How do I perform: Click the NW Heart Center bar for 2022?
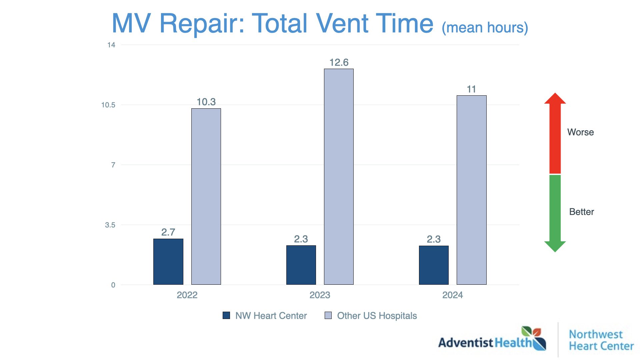(168, 262)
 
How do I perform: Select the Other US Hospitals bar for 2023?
(339, 177)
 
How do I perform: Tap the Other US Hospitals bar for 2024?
(471, 190)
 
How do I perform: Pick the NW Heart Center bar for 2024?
(434, 265)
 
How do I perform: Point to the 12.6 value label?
(339, 62)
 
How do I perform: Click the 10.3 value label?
(206, 102)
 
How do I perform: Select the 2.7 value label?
(168, 232)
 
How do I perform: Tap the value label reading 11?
(471, 89)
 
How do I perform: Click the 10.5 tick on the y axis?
(108, 105)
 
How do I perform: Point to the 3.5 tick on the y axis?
(110, 225)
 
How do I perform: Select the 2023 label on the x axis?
(320, 295)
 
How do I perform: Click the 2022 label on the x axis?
(187, 295)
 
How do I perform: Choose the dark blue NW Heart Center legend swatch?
(226, 315)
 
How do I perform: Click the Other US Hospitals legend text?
(377, 316)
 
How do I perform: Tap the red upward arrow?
(555, 133)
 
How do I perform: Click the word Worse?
(580, 132)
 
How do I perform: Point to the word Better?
(581, 212)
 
